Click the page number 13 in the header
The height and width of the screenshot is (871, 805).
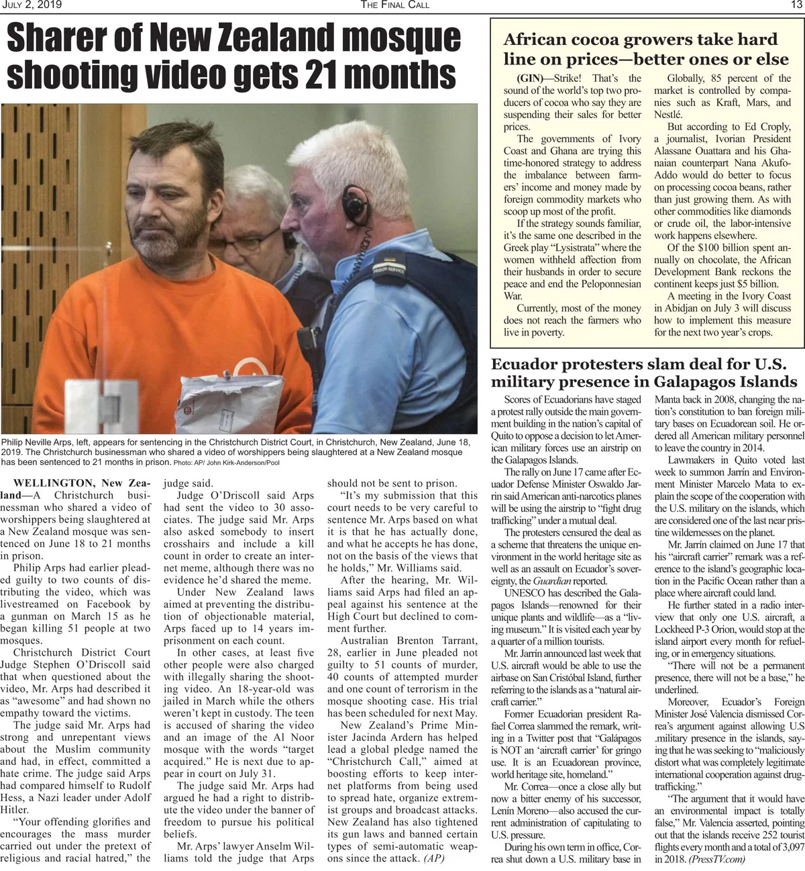(796, 5)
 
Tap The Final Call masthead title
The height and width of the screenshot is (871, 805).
(394, 5)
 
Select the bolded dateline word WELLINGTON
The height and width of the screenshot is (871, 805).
(54, 483)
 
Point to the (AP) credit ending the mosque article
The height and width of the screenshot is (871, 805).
(433, 858)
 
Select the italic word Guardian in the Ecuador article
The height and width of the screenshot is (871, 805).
(553, 581)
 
